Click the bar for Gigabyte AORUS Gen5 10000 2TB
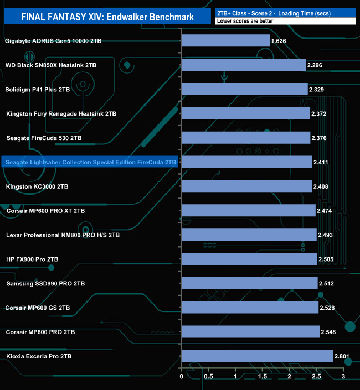click(225, 41)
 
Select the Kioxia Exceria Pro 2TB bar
click(257, 356)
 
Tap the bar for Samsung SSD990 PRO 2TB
click(249, 283)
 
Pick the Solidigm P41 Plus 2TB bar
click(244, 89)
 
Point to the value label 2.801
click(342, 356)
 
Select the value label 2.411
click(321, 162)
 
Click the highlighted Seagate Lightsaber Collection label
click(90, 162)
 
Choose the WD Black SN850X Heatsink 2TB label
click(50, 65)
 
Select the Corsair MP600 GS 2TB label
click(38, 308)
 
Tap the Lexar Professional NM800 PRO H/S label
click(63, 235)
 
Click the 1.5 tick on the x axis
click(263, 377)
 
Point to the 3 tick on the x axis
click(343, 377)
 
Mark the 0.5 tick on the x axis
click(208, 377)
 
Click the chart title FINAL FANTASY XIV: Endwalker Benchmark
click(108, 17)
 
